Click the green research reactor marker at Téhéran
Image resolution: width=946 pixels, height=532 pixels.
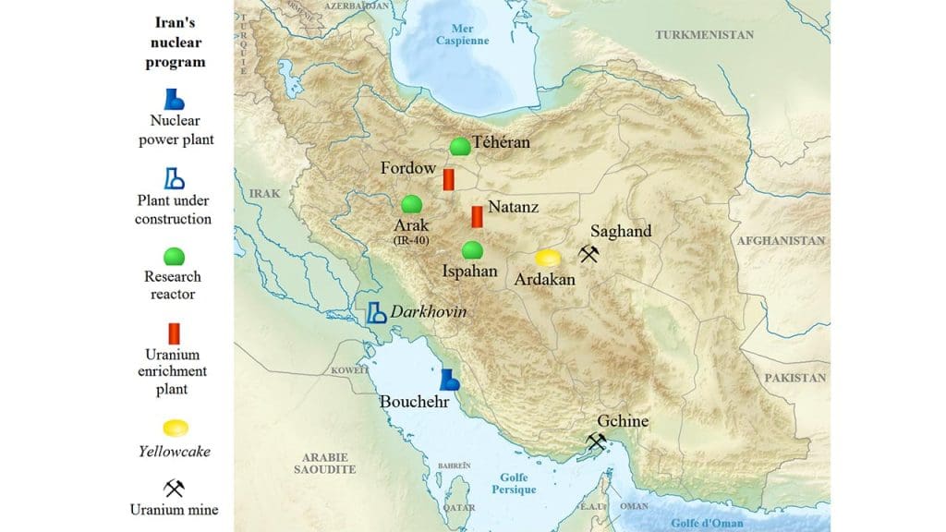point(459,147)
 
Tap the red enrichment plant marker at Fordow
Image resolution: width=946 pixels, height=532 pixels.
point(448,179)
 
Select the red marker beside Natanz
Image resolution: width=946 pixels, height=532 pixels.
point(477,217)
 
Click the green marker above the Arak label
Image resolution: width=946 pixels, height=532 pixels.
point(412,204)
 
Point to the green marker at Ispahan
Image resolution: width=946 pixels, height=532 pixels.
point(472,250)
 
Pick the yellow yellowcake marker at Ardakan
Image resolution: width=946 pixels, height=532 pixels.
point(548,258)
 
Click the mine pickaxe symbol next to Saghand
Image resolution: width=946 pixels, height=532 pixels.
point(588,253)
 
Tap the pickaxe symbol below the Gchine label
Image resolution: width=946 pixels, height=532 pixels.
point(596,442)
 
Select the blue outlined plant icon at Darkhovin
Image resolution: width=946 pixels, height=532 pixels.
point(376,313)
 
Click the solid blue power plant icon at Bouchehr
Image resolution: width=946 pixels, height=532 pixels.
point(449,380)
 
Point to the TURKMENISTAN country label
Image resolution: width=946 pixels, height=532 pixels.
point(704,35)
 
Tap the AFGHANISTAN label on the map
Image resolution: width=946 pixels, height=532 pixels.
point(781,240)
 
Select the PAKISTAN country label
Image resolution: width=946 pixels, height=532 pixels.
point(795,379)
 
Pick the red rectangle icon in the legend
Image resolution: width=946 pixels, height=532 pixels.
point(175,332)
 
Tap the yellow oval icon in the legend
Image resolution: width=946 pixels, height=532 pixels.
point(175,429)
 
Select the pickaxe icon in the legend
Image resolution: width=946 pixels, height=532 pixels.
point(175,488)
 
